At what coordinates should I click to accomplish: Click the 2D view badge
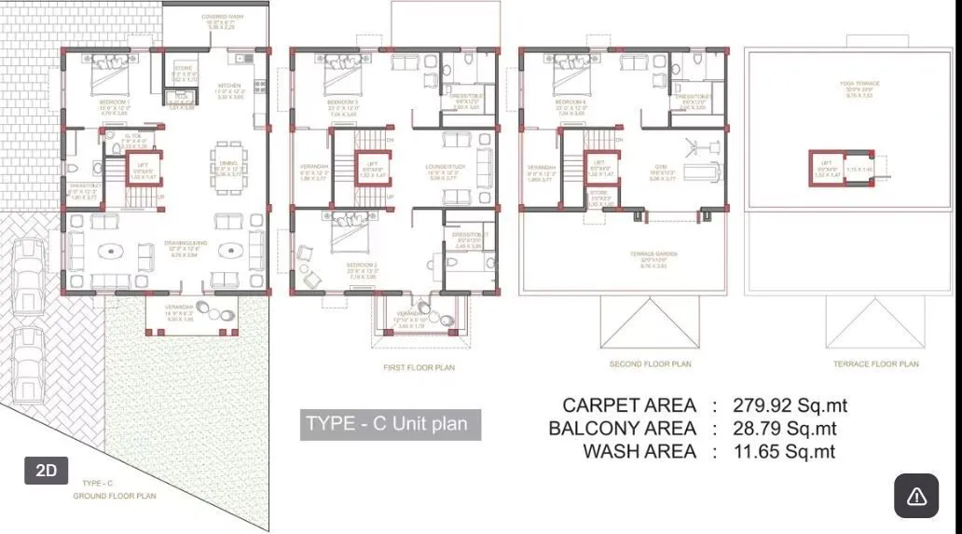47,471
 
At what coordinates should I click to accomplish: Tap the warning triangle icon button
916,495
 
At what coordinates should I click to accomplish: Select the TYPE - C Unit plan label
391,424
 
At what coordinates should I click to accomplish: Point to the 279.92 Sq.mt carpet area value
790,405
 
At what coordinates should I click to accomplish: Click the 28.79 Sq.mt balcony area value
785,429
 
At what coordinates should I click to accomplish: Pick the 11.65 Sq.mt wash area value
784,452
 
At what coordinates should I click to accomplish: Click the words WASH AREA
639,452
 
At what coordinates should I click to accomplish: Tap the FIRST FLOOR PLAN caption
419,368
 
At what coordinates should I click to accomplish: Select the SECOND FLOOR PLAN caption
651,364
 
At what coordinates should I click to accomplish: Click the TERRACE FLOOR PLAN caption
876,364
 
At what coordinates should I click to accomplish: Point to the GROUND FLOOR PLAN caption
115,496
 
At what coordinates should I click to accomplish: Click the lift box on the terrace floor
824,168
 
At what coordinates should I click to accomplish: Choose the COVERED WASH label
223,18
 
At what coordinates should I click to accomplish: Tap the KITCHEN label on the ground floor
229,85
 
